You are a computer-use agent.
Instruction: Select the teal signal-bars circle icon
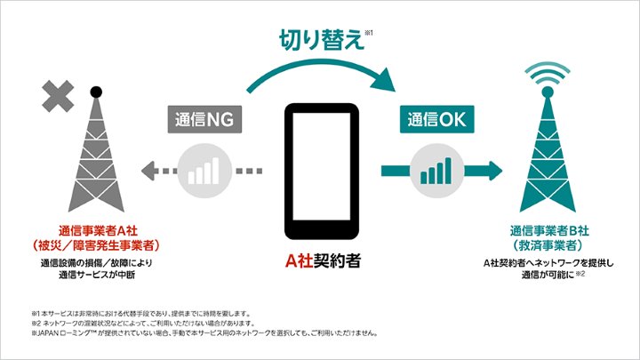(x=434, y=169)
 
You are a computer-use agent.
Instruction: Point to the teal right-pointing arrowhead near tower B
(x=493, y=169)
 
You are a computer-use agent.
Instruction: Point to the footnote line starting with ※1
(x=141, y=312)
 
